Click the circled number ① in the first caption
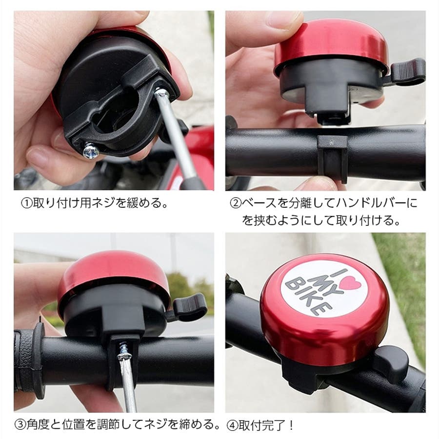[27, 203]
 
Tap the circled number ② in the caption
[236, 203]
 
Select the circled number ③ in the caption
[20, 425]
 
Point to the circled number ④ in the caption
[232, 425]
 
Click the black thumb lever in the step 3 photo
[189, 307]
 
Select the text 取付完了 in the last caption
[262, 425]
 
